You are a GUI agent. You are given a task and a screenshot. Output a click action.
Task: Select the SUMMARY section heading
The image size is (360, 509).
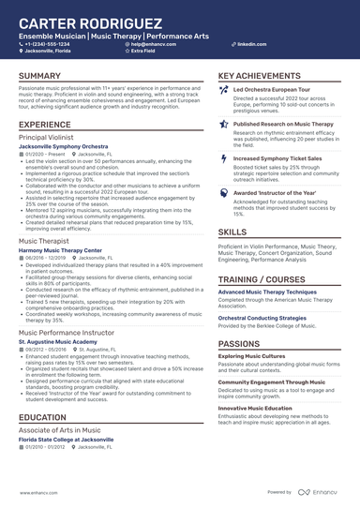click(x=39, y=76)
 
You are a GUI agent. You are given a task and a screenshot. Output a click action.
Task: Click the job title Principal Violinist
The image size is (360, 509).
click(x=47, y=137)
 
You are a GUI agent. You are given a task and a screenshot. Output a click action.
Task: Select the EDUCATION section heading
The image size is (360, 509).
click(x=42, y=417)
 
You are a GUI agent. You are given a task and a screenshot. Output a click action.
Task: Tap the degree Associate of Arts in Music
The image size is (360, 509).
click(x=61, y=430)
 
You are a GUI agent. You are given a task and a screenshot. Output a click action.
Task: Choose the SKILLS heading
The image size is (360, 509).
click(x=232, y=232)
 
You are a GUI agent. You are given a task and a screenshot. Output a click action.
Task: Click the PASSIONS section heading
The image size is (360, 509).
click(x=241, y=344)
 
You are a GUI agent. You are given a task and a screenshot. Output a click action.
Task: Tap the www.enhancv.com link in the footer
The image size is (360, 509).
click(x=34, y=491)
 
